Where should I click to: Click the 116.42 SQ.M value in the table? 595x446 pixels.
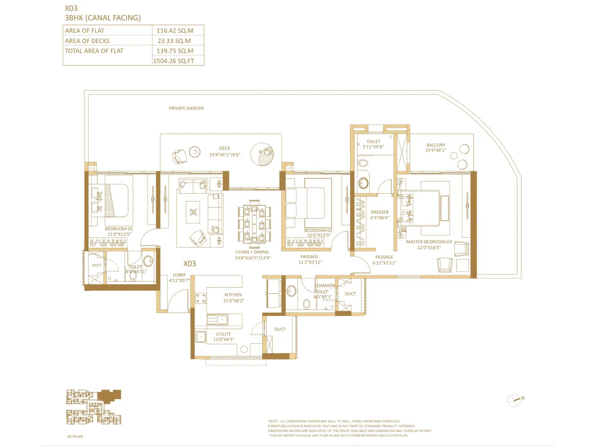175,31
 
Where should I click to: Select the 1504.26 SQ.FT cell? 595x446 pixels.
174,61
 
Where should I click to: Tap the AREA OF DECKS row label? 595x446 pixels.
87,41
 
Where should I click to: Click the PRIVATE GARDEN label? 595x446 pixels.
186,108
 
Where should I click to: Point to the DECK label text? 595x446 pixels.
225,148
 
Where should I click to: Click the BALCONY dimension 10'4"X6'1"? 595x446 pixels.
435,151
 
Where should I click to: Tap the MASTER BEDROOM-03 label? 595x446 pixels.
429,242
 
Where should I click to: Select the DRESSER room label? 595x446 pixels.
379,212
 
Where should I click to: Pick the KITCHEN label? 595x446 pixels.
233,295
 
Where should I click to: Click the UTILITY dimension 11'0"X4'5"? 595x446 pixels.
223,339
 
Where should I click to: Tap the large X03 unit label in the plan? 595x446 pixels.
190,264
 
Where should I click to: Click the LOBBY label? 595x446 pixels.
179,275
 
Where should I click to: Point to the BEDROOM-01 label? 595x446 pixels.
119,229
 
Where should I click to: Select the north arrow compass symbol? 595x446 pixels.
514,400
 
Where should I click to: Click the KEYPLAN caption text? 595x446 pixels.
75,437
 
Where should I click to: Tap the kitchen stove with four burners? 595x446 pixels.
200,298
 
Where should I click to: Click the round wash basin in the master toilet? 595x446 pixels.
363,183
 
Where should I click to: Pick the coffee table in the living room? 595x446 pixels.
193,212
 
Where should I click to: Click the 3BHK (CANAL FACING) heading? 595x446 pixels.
103,18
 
